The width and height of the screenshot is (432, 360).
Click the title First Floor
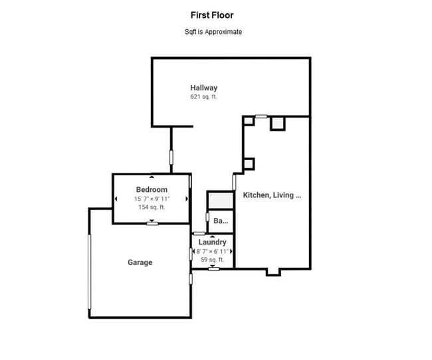[212, 15]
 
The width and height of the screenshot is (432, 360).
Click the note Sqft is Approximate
[213, 32]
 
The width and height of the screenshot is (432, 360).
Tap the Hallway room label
[203, 88]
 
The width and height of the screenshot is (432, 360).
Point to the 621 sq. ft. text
[203, 97]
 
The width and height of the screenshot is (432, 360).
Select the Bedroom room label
[152, 190]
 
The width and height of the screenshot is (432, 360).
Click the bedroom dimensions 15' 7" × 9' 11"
[152, 199]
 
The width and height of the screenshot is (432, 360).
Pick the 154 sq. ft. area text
[152, 207]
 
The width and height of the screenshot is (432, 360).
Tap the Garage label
[140, 262]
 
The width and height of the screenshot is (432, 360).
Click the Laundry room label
[212, 242]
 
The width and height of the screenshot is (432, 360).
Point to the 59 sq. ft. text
[212, 260]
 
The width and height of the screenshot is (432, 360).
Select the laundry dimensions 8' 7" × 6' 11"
[212, 252]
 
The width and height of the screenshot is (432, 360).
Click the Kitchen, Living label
[272, 195]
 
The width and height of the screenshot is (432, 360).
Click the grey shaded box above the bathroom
[221, 200]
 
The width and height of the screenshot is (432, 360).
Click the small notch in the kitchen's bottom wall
[272, 272]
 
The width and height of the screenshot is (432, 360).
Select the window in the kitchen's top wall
[261, 117]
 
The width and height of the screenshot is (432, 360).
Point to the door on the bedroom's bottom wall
[152, 223]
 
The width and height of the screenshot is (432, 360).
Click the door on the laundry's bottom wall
[213, 269]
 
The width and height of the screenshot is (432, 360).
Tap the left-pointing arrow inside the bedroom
[116, 199]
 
